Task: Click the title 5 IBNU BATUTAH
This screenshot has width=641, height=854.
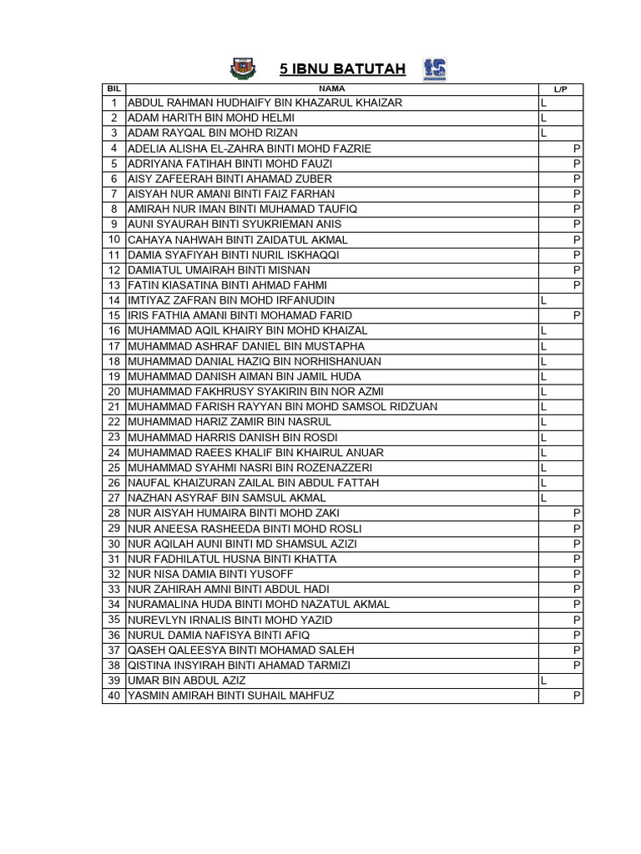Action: tap(342, 69)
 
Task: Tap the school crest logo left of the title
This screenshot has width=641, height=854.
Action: tap(240, 68)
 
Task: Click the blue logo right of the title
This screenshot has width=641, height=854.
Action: tap(434, 69)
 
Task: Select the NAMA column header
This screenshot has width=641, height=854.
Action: tap(331, 88)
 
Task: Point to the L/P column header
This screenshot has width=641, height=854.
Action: tap(560, 88)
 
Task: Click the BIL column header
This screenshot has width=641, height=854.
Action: tap(114, 88)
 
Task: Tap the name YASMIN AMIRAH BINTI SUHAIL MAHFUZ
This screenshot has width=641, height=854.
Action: tap(230, 696)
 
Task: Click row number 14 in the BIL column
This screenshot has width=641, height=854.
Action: tap(114, 300)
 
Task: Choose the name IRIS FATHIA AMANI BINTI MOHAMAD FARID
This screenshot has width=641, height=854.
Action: tap(240, 315)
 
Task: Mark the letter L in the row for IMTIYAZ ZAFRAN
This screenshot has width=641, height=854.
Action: tap(543, 300)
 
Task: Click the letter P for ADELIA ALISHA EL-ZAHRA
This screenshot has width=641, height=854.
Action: tap(577, 148)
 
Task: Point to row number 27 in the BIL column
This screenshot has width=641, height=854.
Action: tap(114, 498)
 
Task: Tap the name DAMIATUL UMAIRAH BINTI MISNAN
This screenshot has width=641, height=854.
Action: tap(219, 270)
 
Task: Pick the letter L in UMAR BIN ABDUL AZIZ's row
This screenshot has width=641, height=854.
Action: tap(543, 681)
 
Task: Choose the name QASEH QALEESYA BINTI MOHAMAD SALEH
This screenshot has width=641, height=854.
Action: tap(240, 650)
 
